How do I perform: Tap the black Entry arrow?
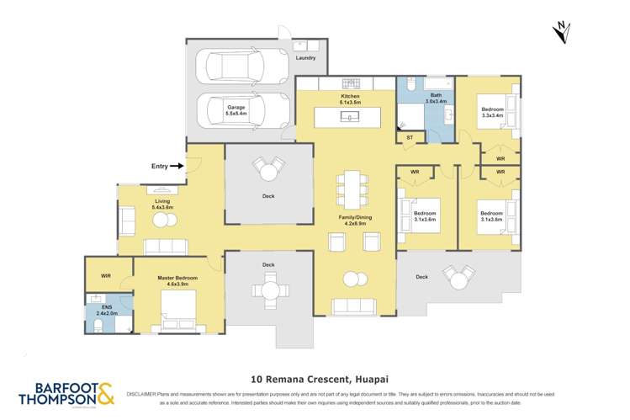click(x=176, y=167)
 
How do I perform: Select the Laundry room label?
click(x=305, y=58)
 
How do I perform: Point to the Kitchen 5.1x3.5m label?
click(x=350, y=99)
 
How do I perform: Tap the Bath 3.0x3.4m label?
click(x=436, y=98)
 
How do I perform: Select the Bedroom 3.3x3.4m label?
click(x=493, y=112)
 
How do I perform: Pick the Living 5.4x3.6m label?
click(x=162, y=204)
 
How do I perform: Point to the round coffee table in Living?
click(x=162, y=220)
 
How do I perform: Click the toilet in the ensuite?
click(x=98, y=325)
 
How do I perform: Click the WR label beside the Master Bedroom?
click(x=106, y=275)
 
